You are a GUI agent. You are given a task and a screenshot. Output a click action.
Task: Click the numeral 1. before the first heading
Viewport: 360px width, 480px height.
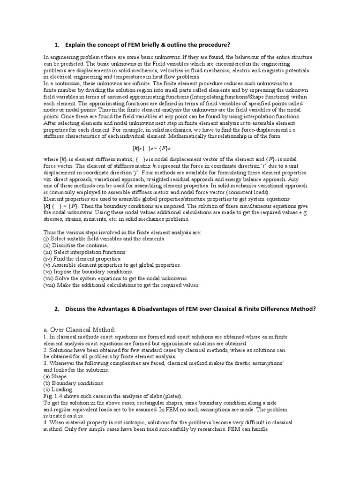pyautogui.click(x=56, y=45)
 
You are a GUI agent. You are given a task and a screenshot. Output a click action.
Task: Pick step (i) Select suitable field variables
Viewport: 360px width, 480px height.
pyautogui.click(x=104, y=239)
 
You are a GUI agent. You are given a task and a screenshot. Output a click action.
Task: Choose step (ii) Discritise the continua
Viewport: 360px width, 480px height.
pyautogui.click(x=75, y=245)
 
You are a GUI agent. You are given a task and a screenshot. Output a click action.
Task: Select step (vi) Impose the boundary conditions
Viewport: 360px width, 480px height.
pyautogui.click(x=88, y=271)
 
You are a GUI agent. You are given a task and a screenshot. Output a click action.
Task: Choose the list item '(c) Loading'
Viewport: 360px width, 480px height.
pyautogui.click(x=58, y=389)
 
